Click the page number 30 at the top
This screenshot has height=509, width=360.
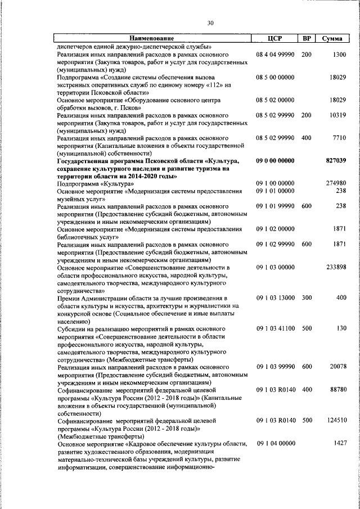click(x=210, y=23)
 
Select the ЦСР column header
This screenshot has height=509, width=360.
click(x=274, y=38)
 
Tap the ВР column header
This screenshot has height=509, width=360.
click(x=307, y=38)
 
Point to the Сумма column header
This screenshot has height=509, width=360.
click(x=333, y=38)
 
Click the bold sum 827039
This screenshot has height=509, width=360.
click(x=336, y=161)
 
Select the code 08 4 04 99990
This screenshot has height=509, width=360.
click(x=275, y=55)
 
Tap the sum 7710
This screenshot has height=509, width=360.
click(x=339, y=138)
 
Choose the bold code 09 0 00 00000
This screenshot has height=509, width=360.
click(x=275, y=161)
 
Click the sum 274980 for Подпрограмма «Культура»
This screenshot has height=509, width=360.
click(x=336, y=184)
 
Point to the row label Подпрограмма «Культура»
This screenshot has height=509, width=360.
click(x=95, y=184)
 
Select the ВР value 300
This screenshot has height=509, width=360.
click(x=307, y=298)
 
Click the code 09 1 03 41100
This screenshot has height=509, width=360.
click(x=275, y=328)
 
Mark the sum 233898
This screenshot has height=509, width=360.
click(x=336, y=267)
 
